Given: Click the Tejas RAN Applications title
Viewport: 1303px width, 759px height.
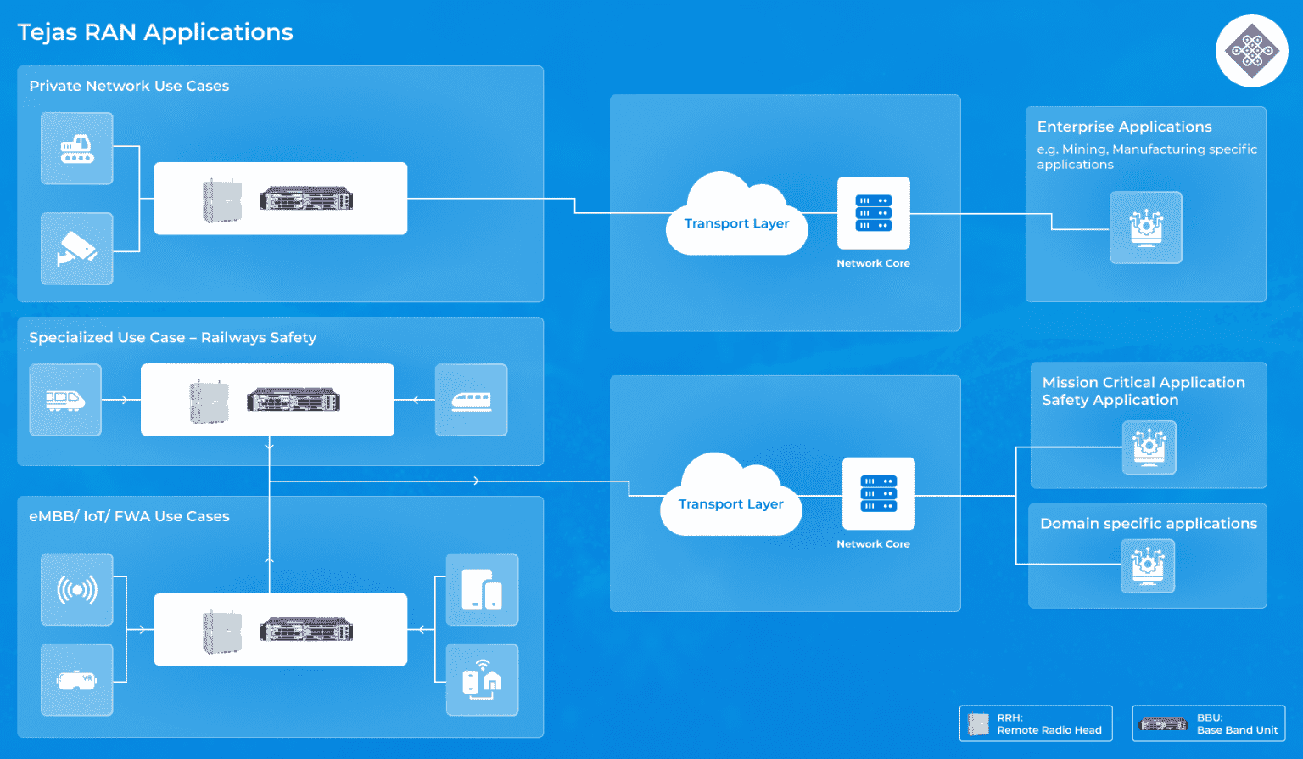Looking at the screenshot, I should coord(155,32).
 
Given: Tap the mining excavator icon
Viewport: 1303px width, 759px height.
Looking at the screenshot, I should coord(77,149).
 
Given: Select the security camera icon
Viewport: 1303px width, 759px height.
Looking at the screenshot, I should coord(77,249).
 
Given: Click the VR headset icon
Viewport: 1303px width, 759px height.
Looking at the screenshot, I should coord(77,680).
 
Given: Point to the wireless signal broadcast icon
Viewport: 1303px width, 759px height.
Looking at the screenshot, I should coord(77,589).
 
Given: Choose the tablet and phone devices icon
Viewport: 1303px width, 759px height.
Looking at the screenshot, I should coord(482,589).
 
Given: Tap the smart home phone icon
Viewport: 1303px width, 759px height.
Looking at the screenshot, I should coord(482,680).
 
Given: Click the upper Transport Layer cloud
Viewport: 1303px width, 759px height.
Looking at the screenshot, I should coord(736,216).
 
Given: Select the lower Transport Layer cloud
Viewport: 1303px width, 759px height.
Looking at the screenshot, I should coord(730,498).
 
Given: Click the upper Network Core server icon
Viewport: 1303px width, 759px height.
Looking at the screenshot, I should coord(873,213).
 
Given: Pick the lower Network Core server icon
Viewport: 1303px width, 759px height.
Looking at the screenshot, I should coord(878,494).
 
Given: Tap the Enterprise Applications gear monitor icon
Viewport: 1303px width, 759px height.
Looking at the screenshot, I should coord(1146,228).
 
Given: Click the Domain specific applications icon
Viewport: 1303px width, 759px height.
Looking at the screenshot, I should coord(1148,565).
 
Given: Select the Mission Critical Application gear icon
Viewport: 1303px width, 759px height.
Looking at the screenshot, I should coord(1149,447).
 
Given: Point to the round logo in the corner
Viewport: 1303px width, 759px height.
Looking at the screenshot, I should coord(1252,51).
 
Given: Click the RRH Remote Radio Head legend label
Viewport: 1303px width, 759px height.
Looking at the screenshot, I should coord(1049,724).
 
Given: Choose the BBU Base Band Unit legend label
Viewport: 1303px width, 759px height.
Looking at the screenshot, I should coord(1236,724).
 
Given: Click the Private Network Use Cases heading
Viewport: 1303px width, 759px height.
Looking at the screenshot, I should coord(129,86).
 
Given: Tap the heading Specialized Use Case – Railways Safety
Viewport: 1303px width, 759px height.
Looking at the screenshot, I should coord(172,338).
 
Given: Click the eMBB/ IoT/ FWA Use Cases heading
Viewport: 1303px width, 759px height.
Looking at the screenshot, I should coord(129,516).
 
